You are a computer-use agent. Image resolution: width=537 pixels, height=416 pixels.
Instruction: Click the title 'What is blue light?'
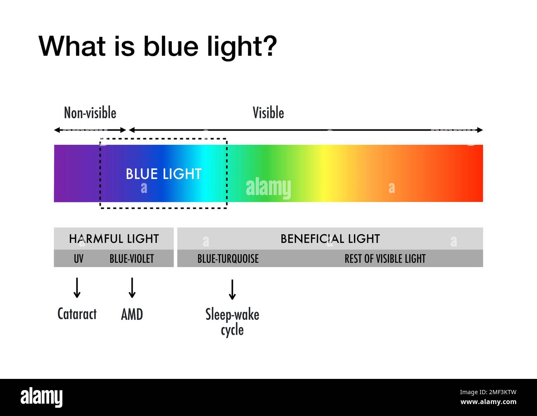click(x=157, y=46)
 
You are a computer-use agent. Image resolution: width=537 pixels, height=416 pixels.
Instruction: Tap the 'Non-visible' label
click(x=90, y=113)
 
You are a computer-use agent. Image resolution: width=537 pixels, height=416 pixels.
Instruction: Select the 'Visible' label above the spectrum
click(x=268, y=113)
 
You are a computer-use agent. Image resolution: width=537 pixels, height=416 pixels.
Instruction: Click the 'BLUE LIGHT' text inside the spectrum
click(x=164, y=174)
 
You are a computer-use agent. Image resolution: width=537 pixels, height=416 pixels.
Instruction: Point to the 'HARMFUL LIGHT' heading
click(x=114, y=239)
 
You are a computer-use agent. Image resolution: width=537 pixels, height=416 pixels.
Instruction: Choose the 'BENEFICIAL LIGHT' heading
click(x=330, y=239)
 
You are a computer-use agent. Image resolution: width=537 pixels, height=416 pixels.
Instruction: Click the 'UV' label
click(x=78, y=259)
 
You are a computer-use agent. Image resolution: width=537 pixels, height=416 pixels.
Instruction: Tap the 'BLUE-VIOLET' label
click(x=132, y=259)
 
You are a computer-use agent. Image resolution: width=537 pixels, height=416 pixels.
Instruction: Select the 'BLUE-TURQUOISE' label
click(x=228, y=259)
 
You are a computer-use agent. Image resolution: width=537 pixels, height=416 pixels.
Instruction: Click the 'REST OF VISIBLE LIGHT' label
click(x=385, y=259)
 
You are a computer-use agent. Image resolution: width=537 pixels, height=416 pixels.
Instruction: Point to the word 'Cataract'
click(x=77, y=314)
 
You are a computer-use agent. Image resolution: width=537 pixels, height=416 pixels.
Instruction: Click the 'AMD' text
click(x=132, y=315)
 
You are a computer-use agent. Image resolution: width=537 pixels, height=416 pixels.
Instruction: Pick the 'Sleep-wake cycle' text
click(x=232, y=322)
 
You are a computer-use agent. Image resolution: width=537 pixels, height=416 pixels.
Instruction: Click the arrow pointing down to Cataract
click(x=77, y=288)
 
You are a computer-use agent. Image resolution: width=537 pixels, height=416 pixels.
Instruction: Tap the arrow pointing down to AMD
click(x=132, y=288)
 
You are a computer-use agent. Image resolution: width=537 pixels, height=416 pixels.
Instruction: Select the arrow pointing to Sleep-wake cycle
click(x=232, y=289)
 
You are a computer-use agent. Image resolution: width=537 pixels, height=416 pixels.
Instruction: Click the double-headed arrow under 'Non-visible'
click(x=90, y=130)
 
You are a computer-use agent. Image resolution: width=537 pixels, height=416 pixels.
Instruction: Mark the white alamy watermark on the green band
click(x=268, y=188)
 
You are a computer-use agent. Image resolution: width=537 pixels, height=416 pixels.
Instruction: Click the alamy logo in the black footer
click(x=42, y=397)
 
